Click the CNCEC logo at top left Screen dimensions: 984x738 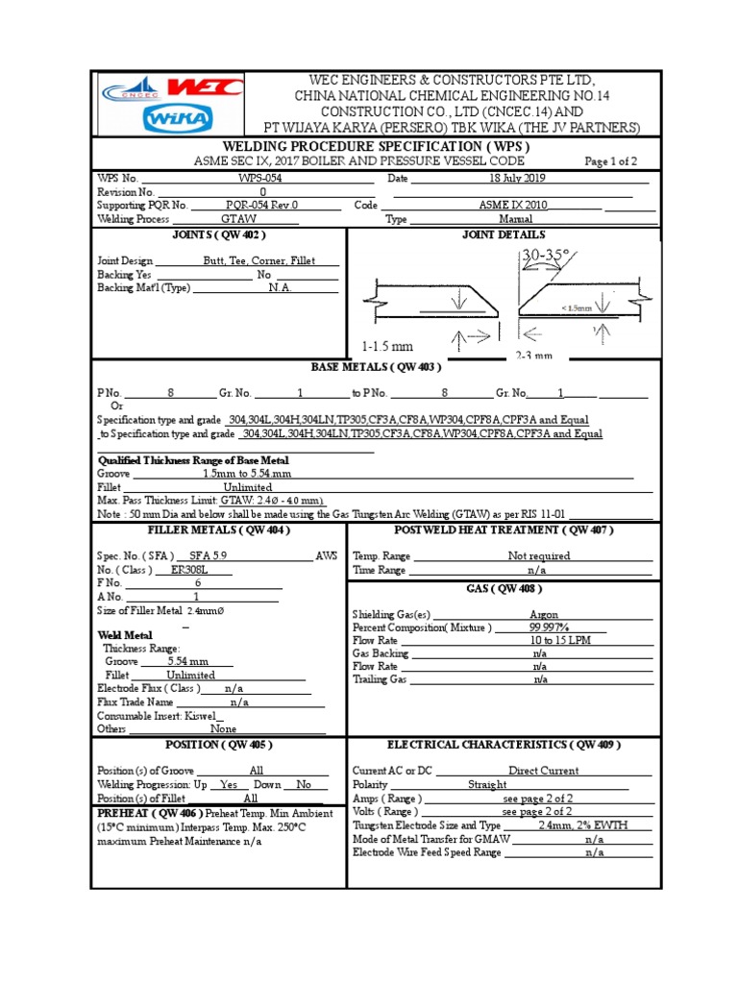click(134, 89)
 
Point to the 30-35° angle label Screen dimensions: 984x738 click(544, 256)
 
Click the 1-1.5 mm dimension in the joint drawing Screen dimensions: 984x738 click(387, 346)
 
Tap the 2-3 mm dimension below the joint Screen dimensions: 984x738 click(533, 356)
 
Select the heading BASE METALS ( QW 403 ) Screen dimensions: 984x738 click(375, 367)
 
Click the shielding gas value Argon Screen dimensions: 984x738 click(544, 615)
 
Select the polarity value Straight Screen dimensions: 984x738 click(487, 784)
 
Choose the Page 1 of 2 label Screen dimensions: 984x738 click(610, 161)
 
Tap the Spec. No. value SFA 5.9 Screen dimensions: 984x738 click(211, 555)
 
